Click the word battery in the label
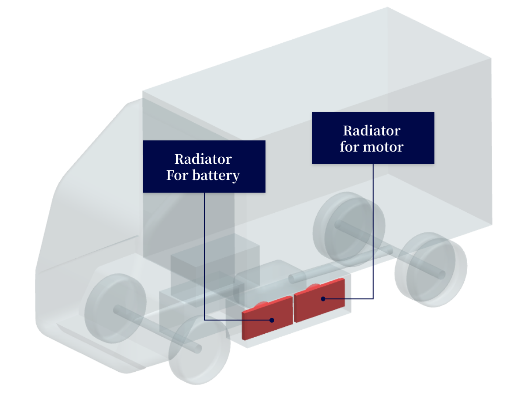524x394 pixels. click(216, 176)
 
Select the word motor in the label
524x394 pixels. click(383, 147)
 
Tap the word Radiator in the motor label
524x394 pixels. click(372, 130)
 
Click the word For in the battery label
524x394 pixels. click(177, 176)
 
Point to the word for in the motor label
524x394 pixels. click(349, 147)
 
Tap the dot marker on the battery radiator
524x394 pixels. click(272, 320)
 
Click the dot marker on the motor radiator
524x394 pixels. click(323, 299)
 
